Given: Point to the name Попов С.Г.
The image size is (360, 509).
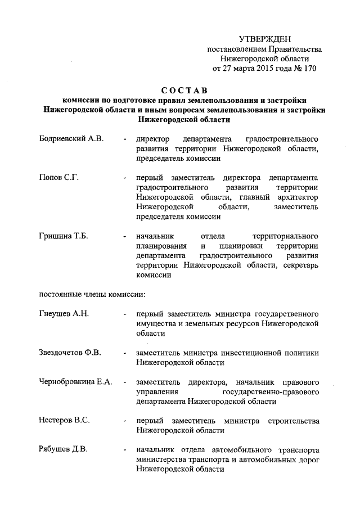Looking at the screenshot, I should (58, 178).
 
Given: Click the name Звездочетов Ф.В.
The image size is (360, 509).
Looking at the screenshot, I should (70, 353).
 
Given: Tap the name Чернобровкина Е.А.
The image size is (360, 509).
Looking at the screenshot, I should (76, 382).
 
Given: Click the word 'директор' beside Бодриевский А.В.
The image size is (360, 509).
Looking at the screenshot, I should (154, 139).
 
